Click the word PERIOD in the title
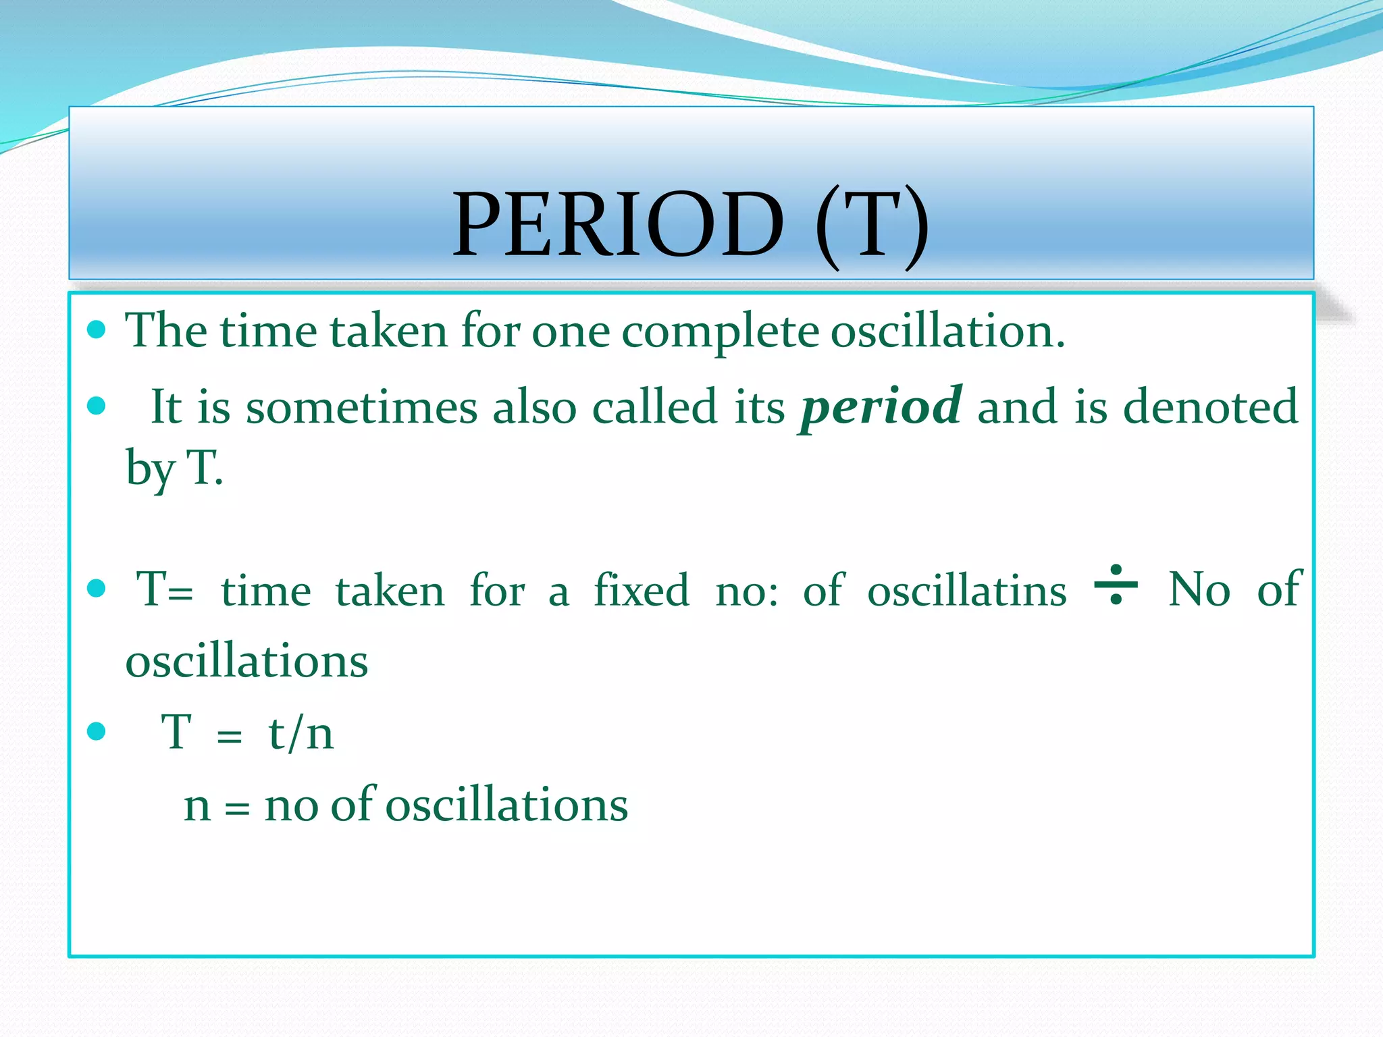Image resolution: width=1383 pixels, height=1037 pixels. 618,225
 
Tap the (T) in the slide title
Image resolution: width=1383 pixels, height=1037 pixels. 872,226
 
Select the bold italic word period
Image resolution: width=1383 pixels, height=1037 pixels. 881,408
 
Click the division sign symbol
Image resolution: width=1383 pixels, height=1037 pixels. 1116,585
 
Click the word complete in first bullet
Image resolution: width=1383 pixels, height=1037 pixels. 720,332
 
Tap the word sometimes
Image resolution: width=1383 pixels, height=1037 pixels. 361,408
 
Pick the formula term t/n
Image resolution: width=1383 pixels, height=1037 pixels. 301,733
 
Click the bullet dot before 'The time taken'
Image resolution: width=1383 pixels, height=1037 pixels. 97,329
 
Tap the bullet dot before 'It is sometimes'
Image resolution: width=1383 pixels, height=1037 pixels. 97,406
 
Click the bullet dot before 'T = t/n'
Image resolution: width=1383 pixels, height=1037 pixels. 97,731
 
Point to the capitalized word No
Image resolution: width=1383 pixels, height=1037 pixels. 1199,590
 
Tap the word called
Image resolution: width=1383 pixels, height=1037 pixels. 654,408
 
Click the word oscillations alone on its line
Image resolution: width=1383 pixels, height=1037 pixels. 247,661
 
